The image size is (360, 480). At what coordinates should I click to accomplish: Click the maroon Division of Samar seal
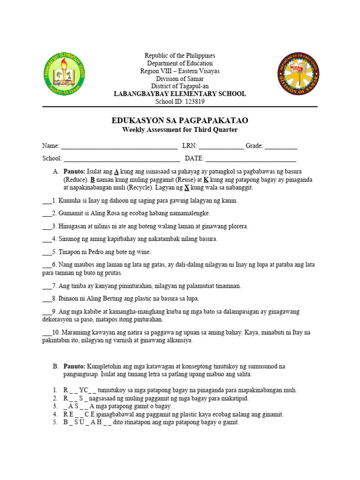[x=298, y=74]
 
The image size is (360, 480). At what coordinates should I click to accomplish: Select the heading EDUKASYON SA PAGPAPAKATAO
[x=180, y=121]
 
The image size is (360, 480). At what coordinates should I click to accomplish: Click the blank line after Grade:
[x=281, y=147]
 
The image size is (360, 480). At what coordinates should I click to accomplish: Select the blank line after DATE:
[x=251, y=159]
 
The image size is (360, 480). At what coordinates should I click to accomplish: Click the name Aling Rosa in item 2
[x=100, y=213]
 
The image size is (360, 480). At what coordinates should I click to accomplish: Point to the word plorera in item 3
[x=237, y=226]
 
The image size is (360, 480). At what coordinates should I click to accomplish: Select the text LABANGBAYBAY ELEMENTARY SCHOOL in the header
[x=180, y=94]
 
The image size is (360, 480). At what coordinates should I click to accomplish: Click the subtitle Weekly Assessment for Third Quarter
[x=180, y=130]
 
